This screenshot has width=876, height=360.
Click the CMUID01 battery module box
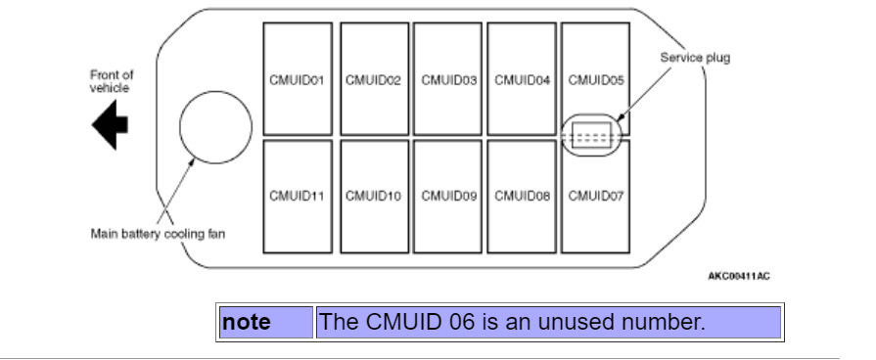298,78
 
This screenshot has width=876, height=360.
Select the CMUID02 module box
373,78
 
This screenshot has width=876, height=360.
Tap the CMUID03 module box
448,78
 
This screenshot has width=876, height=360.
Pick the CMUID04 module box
523,78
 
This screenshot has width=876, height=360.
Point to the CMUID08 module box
523,197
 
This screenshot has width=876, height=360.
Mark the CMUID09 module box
448,197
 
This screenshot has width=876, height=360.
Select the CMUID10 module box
373,197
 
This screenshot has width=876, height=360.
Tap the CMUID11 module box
298,197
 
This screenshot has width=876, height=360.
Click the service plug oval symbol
592,136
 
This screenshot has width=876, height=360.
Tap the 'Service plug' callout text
695,58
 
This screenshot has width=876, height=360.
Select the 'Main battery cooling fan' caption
158,234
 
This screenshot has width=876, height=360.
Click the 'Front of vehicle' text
111,81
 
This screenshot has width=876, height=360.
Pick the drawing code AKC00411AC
739,276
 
